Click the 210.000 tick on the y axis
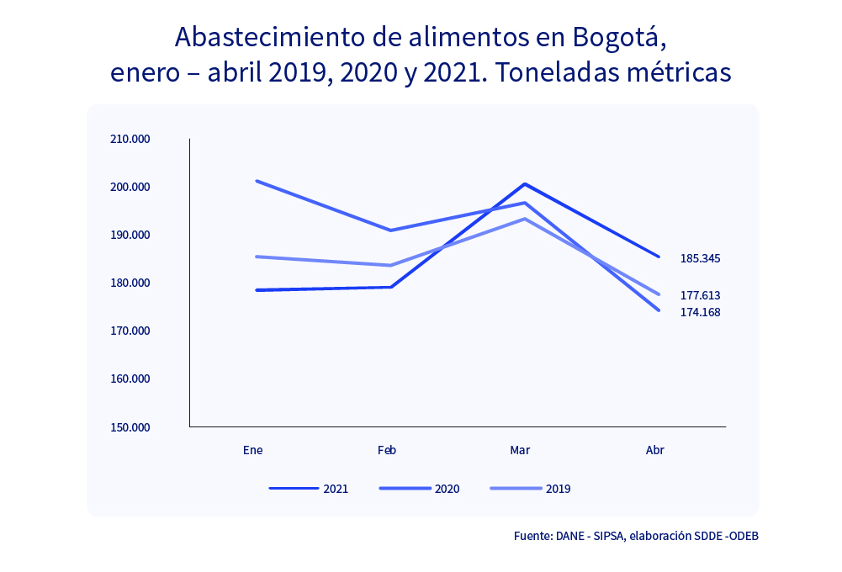click(x=130, y=139)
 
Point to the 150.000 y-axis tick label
click(x=130, y=427)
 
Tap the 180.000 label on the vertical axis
click(x=130, y=283)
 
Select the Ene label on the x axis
click(x=252, y=450)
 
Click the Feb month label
click(x=387, y=450)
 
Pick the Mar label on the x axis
click(x=520, y=450)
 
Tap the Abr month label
click(x=654, y=450)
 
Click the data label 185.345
click(x=700, y=258)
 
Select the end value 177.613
click(x=700, y=295)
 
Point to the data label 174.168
click(x=700, y=312)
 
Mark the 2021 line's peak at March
click(x=525, y=183)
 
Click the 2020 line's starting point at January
click(x=257, y=181)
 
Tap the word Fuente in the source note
click(x=532, y=535)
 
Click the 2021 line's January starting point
click(x=257, y=290)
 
